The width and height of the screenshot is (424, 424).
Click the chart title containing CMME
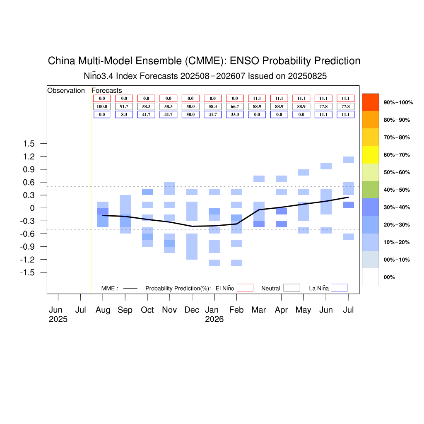click(204, 61)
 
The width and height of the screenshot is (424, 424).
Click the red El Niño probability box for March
click(257, 99)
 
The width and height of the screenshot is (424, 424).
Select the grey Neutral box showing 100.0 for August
click(102, 106)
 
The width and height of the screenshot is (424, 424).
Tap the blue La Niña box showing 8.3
click(124, 115)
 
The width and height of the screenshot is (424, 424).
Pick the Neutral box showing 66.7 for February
click(235, 106)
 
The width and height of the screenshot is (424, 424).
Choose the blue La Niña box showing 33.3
click(235, 115)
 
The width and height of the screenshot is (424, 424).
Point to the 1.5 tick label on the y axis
click(29, 144)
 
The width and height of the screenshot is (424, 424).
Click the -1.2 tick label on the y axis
click(27, 260)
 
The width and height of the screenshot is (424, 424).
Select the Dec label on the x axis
click(192, 310)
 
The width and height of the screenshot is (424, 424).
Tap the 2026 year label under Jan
click(214, 319)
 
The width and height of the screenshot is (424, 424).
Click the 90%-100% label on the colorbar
click(398, 103)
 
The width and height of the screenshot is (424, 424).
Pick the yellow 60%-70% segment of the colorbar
click(371, 155)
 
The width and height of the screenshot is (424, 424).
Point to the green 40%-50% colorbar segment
click(371, 190)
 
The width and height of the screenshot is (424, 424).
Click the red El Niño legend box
click(245, 288)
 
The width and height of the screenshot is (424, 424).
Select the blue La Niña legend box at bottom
click(339, 288)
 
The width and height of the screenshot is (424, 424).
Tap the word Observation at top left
click(66, 91)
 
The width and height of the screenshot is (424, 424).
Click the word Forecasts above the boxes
click(107, 91)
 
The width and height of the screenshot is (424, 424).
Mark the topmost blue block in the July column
click(348, 159)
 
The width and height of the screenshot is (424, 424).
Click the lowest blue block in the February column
click(236, 263)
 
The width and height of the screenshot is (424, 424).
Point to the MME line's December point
click(192, 226)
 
